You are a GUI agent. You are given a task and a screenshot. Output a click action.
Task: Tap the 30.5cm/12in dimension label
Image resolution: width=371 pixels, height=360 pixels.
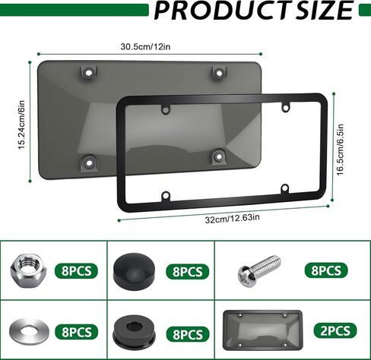tap(147, 46)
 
